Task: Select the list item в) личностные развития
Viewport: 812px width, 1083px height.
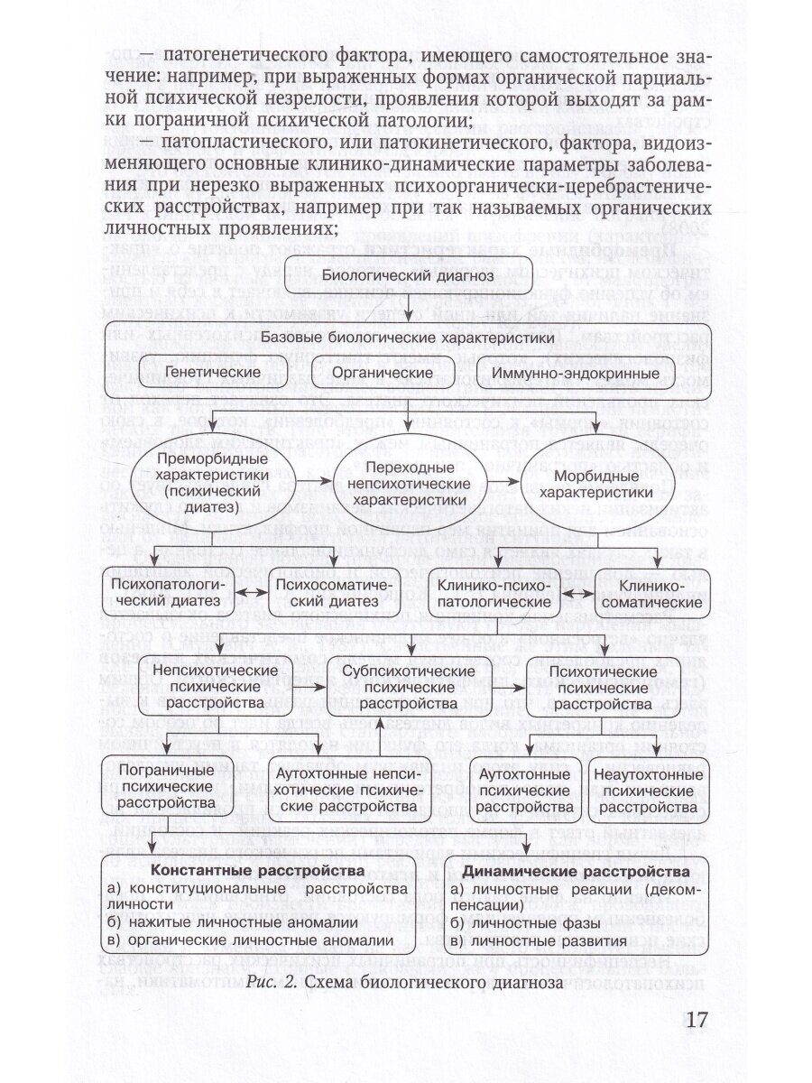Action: pyautogui.click(x=526, y=940)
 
